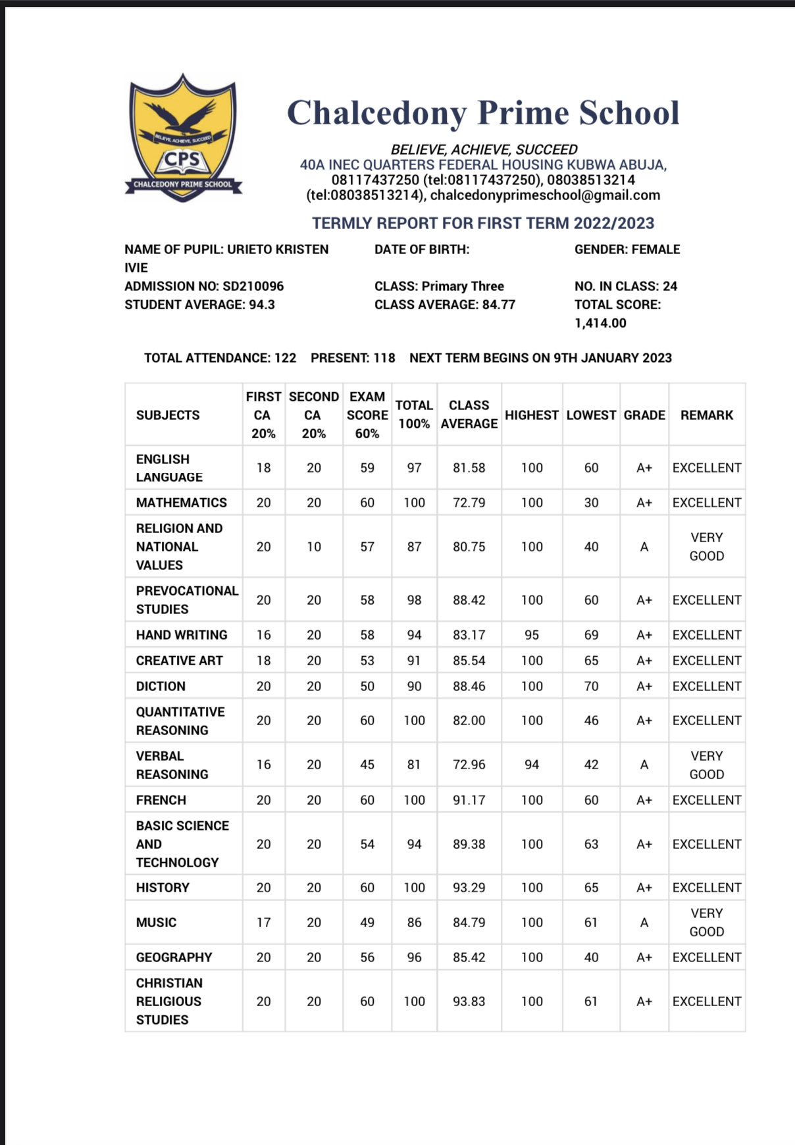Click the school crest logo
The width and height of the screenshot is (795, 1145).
(182, 138)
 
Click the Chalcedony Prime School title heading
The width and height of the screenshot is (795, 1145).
(483, 113)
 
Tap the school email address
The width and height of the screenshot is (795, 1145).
(545, 195)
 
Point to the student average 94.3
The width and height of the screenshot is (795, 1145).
(262, 305)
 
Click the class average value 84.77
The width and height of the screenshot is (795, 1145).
(499, 305)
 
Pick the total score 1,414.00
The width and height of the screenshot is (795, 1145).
(600, 323)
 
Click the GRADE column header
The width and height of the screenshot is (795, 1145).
(644, 415)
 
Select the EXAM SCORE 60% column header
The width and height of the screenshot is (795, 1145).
(367, 415)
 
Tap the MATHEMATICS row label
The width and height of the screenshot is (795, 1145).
(182, 503)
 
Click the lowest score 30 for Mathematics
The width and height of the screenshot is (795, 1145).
(591, 503)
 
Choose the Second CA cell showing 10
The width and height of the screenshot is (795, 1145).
(314, 547)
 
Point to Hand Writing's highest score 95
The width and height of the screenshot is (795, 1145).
(532, 635)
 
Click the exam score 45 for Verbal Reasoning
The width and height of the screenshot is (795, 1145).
(367, 765)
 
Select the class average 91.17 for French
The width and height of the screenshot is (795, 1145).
(469, 800)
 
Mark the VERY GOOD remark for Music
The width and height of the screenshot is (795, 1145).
(707, 923)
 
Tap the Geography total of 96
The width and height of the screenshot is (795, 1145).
(414, 957)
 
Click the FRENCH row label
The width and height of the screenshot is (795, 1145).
(161, 800)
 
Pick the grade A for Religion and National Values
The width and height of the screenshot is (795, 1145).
(644, 547)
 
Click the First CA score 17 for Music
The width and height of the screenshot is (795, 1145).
(263, 923)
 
